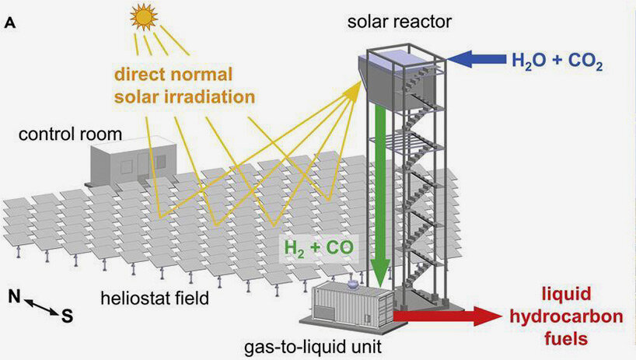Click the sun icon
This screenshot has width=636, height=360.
click(144, 17)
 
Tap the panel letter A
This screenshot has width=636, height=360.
click(10, 23)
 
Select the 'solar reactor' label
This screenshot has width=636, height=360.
click(399, 22)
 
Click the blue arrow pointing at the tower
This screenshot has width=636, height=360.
click(476, 59)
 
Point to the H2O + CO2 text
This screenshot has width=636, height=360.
click(557, 61)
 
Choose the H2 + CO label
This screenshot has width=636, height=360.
click(319, 248)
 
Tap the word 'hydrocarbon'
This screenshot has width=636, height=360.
click(566, 316)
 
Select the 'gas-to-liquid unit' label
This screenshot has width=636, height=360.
click(313, 347)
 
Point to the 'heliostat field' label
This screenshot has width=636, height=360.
click(155, 299)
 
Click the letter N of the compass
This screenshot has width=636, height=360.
click(15, 297)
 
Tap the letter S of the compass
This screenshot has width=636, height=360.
click(68, 316)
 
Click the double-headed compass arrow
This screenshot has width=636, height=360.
click(42, 306)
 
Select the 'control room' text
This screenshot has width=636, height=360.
click(70, 135)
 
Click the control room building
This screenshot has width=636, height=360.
click(134, 163)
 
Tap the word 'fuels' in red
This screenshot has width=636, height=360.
click(566, 338)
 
